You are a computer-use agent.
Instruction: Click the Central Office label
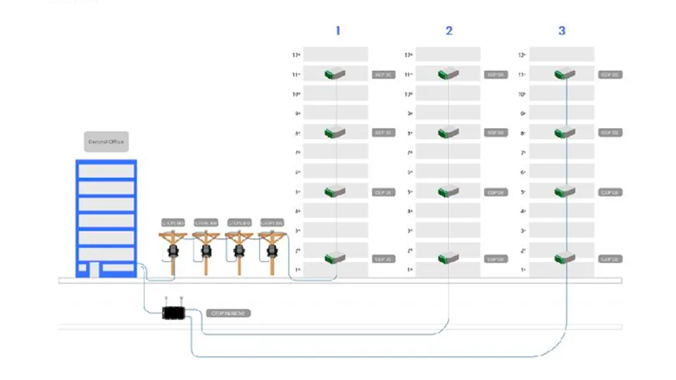[x=106, y=142]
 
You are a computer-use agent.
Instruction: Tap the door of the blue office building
[x=93, y=270]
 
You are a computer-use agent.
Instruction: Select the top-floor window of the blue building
[x=106, y=171]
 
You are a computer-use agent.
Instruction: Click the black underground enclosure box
[x=173, y=312]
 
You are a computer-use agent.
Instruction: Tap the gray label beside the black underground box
[x=228, y=313]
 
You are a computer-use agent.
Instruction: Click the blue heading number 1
[x=338, y=31]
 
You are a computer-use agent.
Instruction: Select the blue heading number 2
[x=449, y=31]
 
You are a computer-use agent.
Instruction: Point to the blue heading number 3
[x=561, y=31]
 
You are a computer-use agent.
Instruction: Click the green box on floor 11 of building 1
[x=334, y=73]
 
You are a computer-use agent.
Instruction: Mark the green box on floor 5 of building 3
[x=565, y=191]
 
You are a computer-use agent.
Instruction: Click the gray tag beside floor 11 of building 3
[x=610, y=74]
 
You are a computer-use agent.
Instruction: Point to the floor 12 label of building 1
[x=296, y=55]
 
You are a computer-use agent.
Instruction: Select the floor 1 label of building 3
[x=522, y=270]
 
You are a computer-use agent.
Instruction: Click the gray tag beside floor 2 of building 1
[x=383, y=259]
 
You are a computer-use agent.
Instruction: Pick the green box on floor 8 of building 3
[x=565, y=132]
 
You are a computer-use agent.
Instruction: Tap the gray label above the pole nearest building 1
[x=272, y=223]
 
